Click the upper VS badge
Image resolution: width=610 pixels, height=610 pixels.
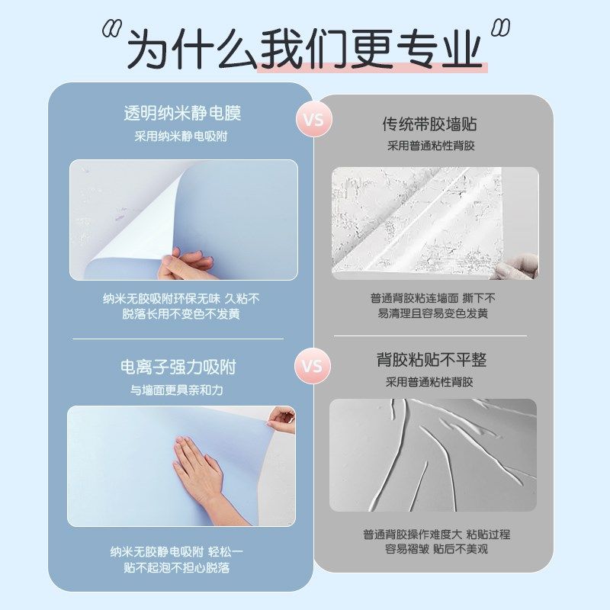point(313,120)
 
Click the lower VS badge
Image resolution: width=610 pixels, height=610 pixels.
point(312,365)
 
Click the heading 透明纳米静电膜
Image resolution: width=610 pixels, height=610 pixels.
point(181,114)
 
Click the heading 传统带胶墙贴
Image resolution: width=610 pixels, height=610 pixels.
point(429,124)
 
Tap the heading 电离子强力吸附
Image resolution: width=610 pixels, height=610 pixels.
point(178,368)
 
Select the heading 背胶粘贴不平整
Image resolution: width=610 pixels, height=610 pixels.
point(431,360)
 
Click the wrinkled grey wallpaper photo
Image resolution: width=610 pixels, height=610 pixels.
point(432,454)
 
